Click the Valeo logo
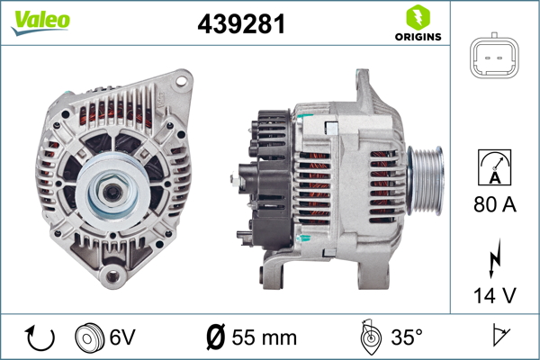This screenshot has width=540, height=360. click(40, 22)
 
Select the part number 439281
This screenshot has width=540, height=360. click(241, 24)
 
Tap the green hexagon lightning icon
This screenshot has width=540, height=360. click(418, 17)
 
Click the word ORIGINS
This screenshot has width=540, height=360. click(418, 37)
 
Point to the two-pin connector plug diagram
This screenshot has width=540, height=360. click(494, 56)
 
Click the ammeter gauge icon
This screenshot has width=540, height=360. click(494, 167)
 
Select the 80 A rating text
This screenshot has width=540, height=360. click(495, 204)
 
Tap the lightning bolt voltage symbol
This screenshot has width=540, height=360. click(494, 258)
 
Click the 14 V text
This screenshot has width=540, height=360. click(495, 295)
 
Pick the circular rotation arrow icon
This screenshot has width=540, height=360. click(40, 337)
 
